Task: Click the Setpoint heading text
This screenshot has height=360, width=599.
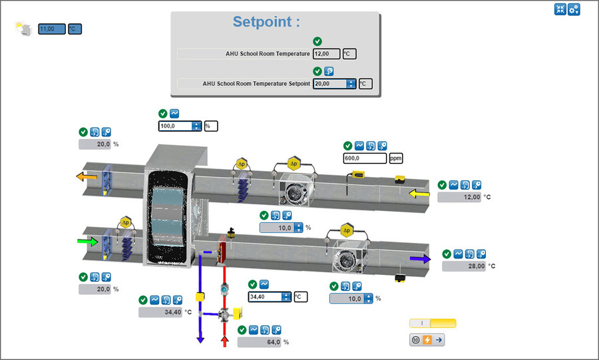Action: tap(266, 21)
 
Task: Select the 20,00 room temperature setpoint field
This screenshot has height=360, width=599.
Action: tap(329, 84)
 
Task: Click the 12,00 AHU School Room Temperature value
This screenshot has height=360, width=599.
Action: tap(326, 54)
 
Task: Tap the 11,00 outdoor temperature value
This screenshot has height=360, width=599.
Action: tap(52, 29)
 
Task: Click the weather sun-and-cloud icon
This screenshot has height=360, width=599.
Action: tap(23, 29)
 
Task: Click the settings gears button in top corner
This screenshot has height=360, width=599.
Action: tap(574, 9)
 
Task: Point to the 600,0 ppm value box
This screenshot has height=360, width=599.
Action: tap(364, 158)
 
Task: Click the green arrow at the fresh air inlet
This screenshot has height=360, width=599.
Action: tap(87, 242)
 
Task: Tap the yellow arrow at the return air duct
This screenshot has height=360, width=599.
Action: tap(419, 194)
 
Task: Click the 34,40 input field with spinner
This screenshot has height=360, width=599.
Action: tap(266, 297)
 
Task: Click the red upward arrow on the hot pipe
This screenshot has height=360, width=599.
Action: tap(224, 341)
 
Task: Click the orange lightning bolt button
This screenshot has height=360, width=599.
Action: tap(427, 340)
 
